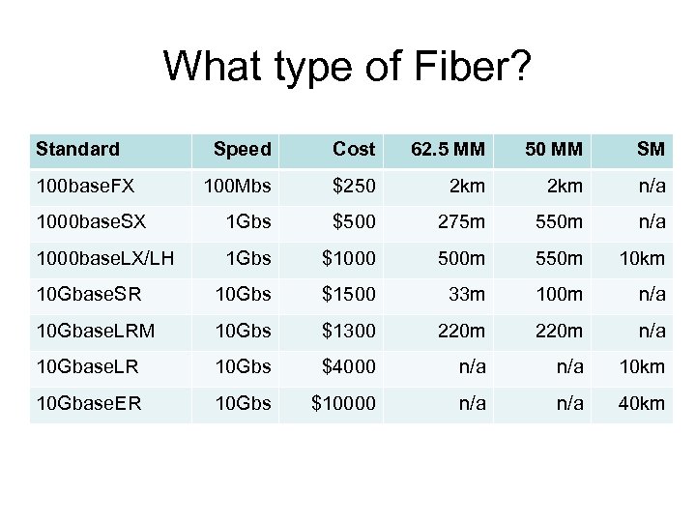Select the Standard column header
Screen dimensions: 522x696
77,150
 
